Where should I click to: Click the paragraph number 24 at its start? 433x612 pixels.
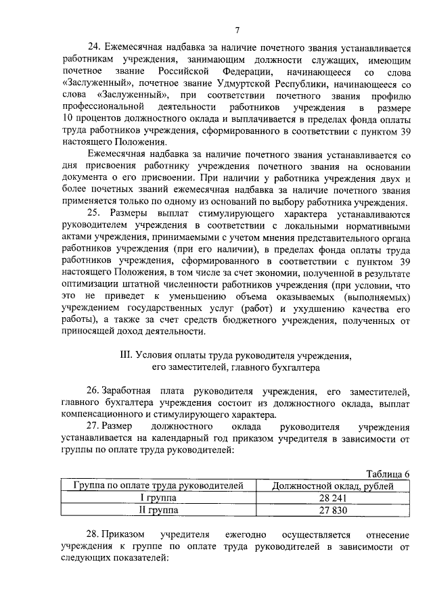coord(94,47)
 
